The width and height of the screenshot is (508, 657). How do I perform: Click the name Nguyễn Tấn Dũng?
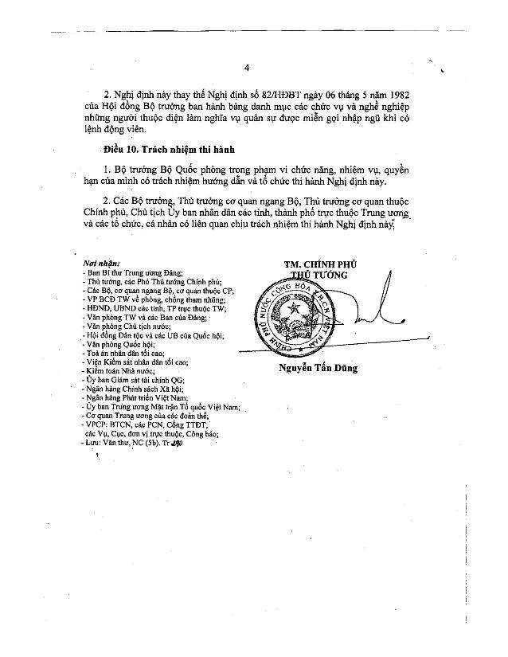tap(318, 368)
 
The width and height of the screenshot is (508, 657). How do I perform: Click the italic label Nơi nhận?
tap(101, 262)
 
